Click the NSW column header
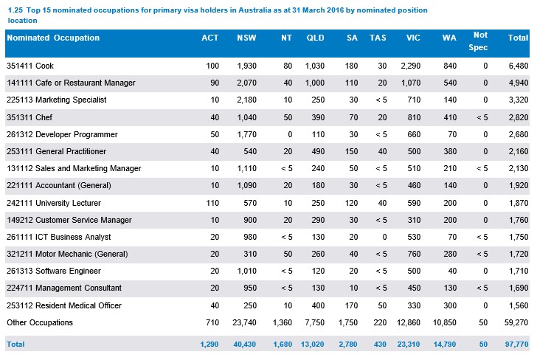[247, 38]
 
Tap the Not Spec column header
[480, 41]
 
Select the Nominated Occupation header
[53, 38]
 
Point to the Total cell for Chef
[518, 117]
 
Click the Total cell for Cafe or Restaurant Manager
[518, 83]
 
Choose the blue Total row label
[16, 345]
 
